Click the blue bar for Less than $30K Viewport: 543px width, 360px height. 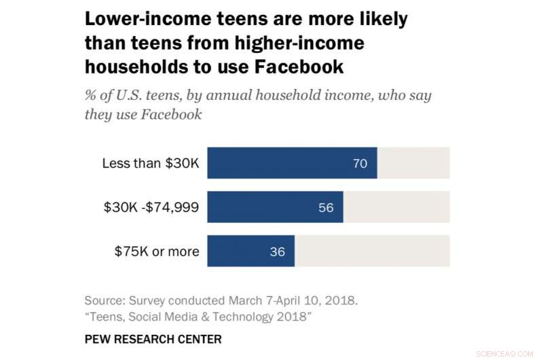point(292,163)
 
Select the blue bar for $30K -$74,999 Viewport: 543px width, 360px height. point(275,207)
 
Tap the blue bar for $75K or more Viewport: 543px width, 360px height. point(250,251)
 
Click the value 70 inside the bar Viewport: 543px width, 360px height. point(360,164)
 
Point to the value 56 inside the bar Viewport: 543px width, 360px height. point(326,208)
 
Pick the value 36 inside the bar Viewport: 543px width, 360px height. point(277,252)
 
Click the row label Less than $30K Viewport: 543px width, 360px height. point(150,164)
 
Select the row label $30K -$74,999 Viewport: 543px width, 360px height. point(150,208)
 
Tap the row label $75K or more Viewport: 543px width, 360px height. point(157,252)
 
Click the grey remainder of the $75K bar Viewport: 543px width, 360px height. point(372,251)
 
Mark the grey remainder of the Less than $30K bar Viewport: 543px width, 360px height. point(413,163)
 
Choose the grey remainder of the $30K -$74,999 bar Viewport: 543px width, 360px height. point(396,207)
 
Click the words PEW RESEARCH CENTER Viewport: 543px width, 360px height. point(153,338)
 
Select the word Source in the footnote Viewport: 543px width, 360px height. point(105,300)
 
